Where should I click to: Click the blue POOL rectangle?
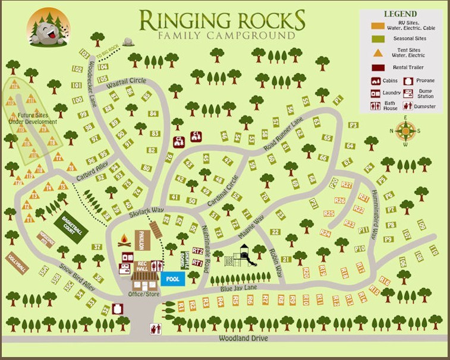tap(172, 278)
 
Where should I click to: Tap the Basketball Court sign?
tap(72, 224)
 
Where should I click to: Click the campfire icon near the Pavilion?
tap(125, 240)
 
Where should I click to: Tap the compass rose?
tap(405, 130)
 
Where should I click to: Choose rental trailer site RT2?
tap(198, 251)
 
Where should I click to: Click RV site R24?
tap(325, 233)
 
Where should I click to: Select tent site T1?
tap(28, 219)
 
